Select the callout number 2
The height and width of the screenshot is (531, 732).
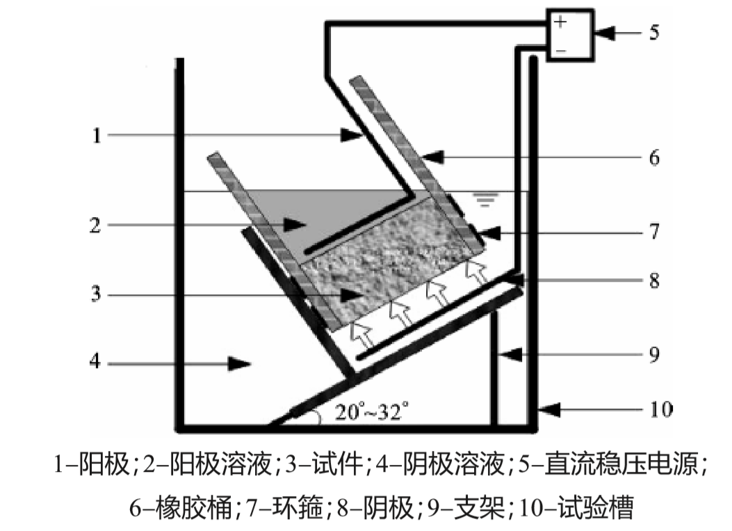point(97,225)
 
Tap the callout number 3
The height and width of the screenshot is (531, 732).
point(97,294)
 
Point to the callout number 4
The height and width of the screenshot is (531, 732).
point(97,363)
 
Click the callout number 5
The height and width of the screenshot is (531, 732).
point(654,32)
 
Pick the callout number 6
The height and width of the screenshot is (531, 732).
point(654,158)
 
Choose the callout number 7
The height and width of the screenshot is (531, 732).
point(654,230)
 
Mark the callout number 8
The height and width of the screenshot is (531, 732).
point(654,280)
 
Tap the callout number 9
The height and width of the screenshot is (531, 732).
point(654,355)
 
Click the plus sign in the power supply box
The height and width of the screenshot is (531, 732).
point(561,22)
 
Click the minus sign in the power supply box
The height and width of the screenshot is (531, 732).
point(561,50)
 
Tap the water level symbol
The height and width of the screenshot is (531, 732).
point(484,200)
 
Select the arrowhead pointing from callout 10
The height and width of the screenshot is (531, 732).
point(549,410)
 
